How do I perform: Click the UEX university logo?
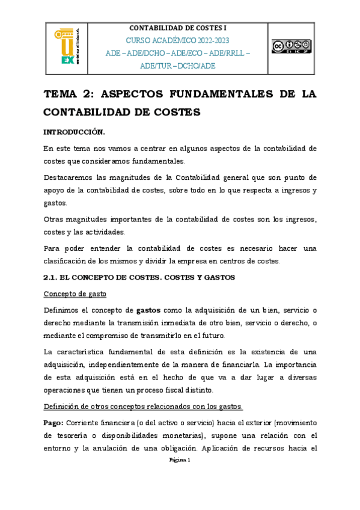[71, 46]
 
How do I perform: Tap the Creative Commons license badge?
[291, 46]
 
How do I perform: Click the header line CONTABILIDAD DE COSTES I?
[178, 28]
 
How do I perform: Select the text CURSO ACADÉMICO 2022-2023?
[178, 40]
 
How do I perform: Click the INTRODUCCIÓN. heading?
[75, 132]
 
